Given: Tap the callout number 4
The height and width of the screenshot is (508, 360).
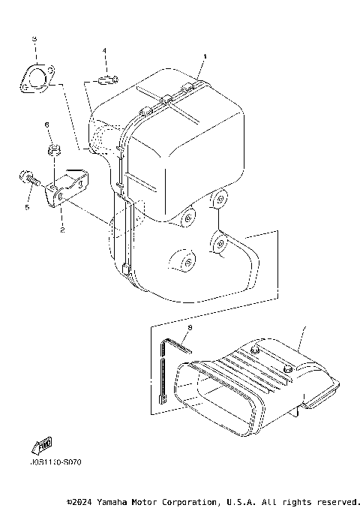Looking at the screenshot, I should pos(105,51).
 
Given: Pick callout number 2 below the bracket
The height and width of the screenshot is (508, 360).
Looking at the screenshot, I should pos(63,230).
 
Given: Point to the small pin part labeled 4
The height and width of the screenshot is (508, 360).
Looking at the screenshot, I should pos(106,79).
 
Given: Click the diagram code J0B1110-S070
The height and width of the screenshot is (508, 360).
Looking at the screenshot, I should pos(55,461).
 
